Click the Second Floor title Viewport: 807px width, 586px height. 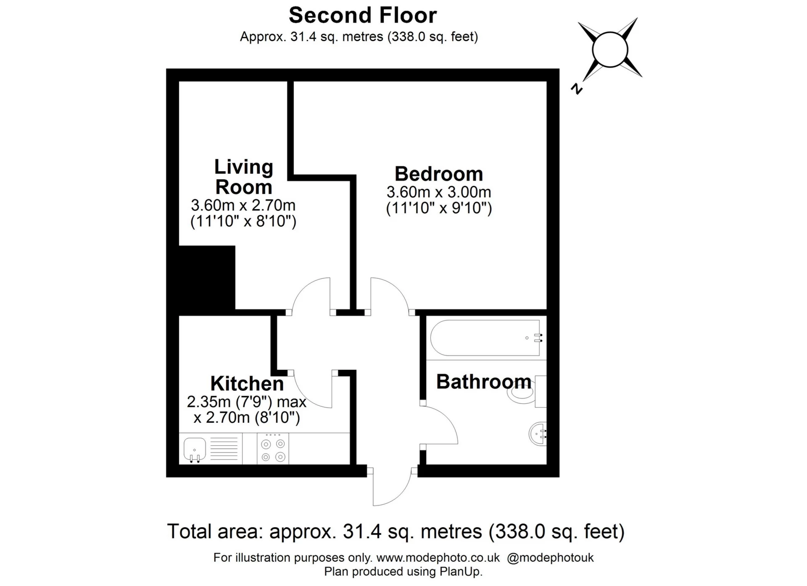(x=363, y=16)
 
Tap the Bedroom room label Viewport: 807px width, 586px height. (x=438, y=174)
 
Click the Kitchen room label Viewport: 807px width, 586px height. (x=247, y=384)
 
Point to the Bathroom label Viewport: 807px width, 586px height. (x=483, y=382)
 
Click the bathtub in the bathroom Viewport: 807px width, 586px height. (x=485, y=338)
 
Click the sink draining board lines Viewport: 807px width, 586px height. (x=224, y=449)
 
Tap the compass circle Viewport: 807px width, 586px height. (x=610, y=50)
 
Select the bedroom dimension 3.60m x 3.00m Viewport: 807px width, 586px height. (x=438, y=192)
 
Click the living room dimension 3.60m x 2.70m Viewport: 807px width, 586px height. (x=243, y=205)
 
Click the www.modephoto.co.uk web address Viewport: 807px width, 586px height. (x=438, y=558)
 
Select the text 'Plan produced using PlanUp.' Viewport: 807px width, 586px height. (x=403, y=572)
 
